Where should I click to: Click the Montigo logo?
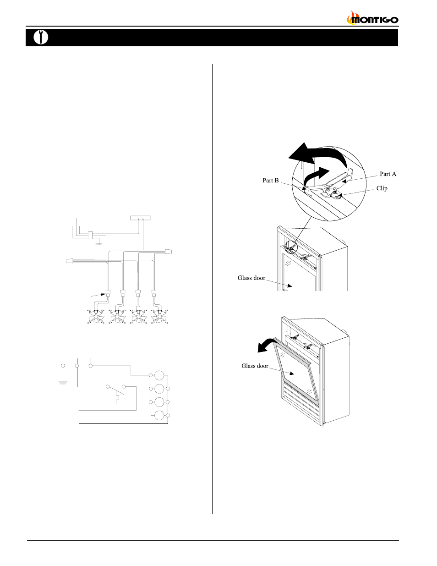(x=372, y=18)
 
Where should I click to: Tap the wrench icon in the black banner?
(x=41, y=37)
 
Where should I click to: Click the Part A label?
(x=388, y=174)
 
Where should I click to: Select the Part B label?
(x=270, y=181)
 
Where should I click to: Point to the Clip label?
(x=382, y=188)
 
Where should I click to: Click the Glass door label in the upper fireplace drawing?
(x=251, y=278)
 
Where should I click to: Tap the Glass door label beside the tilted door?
(x=255, y=366)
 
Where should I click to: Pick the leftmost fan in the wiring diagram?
(x=96, y=317)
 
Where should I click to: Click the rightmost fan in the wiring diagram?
(x=159, y=317)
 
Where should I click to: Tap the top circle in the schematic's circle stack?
(x=159, y=376)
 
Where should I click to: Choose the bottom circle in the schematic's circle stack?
(x=159, y=416)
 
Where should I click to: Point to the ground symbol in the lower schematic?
(x=63, y=382)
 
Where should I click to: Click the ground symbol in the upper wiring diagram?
(x=99, y=244)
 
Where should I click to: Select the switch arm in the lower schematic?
(x=116, y=391)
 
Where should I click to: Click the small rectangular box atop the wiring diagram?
(x=140, y=218)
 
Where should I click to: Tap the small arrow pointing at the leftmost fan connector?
(x=98, y=295)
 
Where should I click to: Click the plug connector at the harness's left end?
(x=70, y=261)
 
